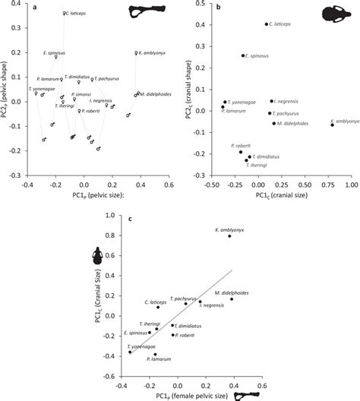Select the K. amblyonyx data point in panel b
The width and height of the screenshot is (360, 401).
point(332,125)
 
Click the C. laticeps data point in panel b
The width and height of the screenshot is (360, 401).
point(266,24)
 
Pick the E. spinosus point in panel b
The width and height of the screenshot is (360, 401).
point(243,55)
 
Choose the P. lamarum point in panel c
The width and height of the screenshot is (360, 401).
point(155,354)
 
